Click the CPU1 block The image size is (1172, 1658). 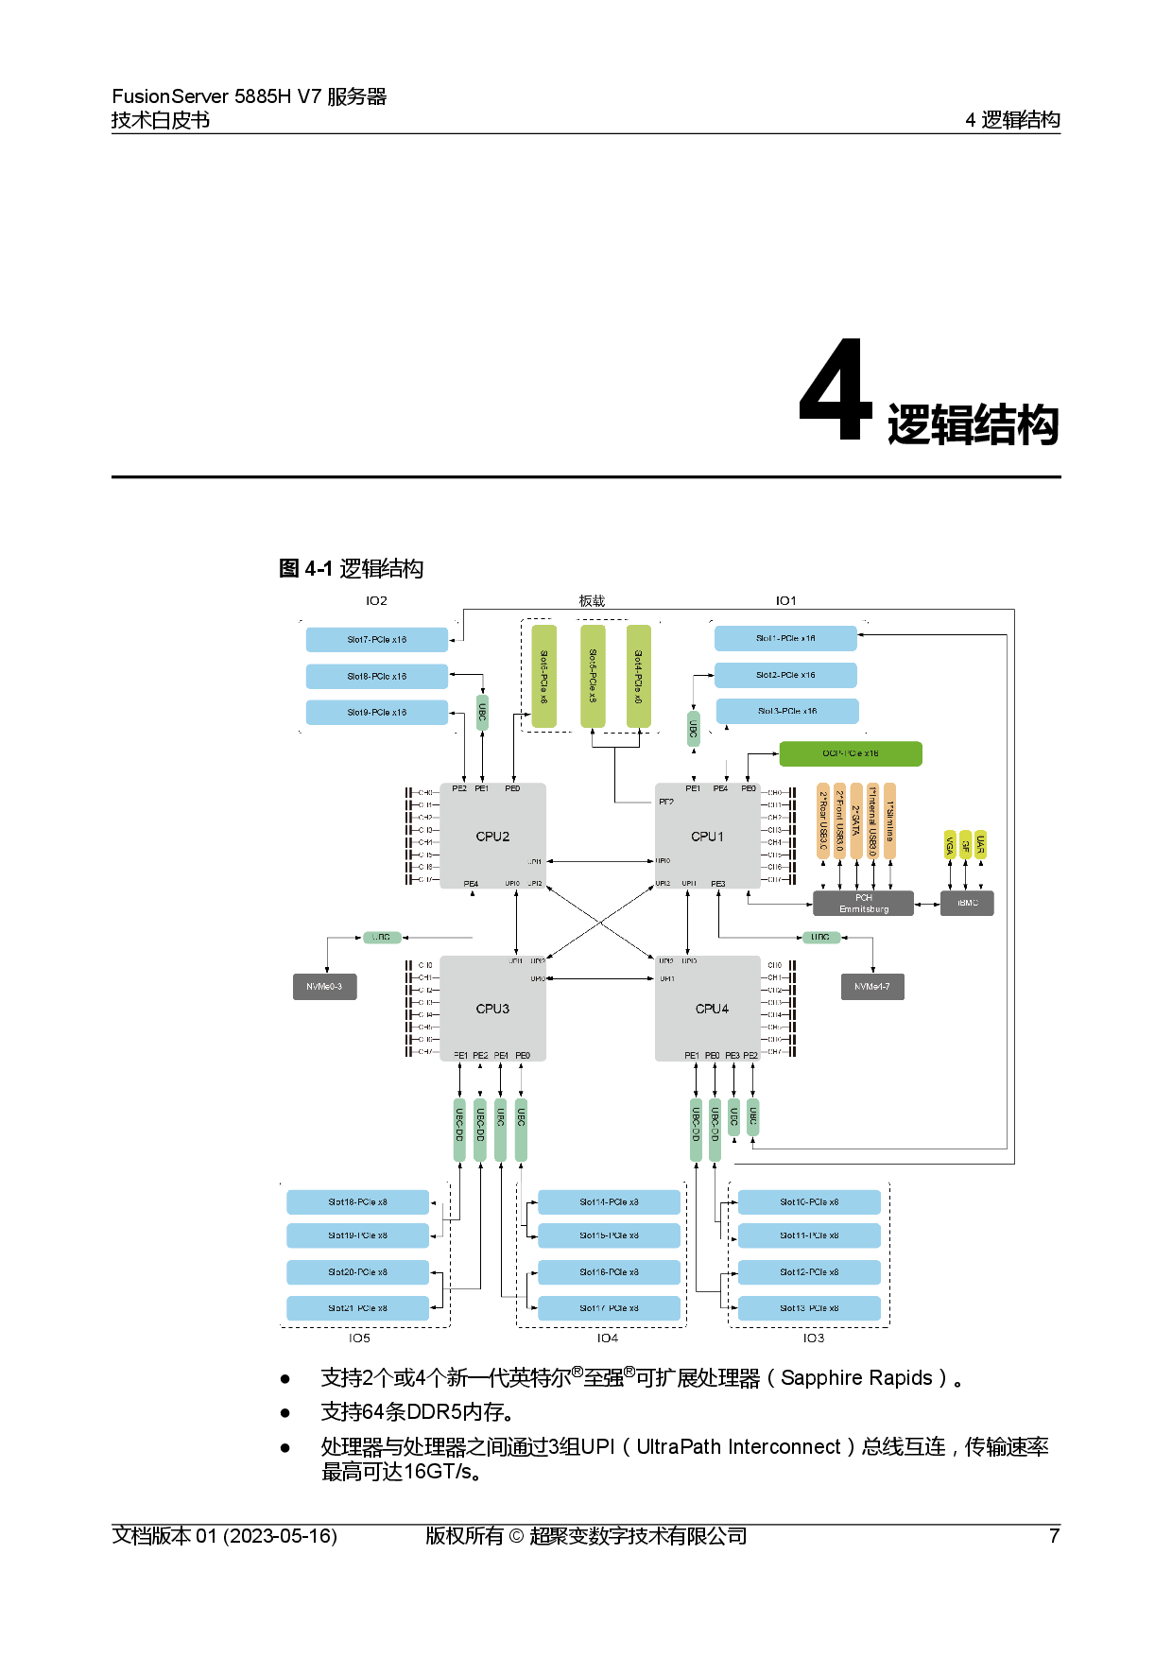tap(707, 836)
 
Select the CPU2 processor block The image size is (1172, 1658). tap(492, 836)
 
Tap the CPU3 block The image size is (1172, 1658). tap(492, 1009)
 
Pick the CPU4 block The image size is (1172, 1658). tap(711, 1009)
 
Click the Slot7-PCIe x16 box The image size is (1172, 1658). tap(377, 640)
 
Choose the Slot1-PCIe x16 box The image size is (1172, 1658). tap(785, 638)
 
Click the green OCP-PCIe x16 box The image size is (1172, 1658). tap(851, 753)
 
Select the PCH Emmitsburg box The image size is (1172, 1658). tap(864, 904)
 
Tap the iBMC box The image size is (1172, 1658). tap(967, 903)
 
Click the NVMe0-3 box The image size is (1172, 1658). tap(324, 987)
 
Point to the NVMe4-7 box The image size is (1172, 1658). tap(872, 987)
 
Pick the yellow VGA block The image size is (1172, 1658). tap(950, 845)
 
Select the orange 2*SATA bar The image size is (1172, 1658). tap(856, 820)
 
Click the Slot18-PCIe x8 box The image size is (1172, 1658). tap(358, 1202)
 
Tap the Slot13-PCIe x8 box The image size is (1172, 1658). tap(809, 1308)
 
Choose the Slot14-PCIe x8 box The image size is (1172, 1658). tap(609, 1202)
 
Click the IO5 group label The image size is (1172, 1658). tap(359, 1338)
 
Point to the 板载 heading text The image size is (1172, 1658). tap(592, 601)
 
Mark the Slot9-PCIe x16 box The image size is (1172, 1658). tap(377, 713)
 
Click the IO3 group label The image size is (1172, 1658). tap(814, 1338)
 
